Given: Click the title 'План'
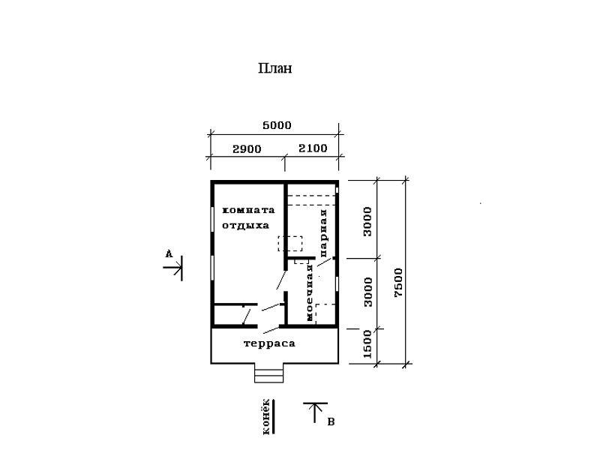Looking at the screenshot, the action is (275, 68).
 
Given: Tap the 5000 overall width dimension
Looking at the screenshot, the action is (277, 125).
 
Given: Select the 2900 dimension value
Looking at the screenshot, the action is (247, 148).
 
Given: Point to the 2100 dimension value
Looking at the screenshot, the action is (313, 148).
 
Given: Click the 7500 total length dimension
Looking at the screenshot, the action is (398, 283).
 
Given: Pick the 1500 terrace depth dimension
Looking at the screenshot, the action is (367, 344).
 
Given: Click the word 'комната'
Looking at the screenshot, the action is (249, 210).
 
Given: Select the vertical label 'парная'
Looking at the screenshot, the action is (324, 233).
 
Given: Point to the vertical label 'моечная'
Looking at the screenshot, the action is (310, 292).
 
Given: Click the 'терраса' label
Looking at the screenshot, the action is (269, 343).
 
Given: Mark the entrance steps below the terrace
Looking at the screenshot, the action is (269, 373).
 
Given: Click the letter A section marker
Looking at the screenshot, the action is (169, 254).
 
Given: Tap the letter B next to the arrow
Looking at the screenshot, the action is (331, 422).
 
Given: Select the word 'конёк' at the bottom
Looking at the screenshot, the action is (267, 417).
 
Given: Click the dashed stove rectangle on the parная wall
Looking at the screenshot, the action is (290, 244).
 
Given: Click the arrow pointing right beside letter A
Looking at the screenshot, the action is (173, 268).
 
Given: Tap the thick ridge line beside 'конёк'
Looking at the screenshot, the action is (274, 416).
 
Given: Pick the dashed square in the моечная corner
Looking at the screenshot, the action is (325, 314).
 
